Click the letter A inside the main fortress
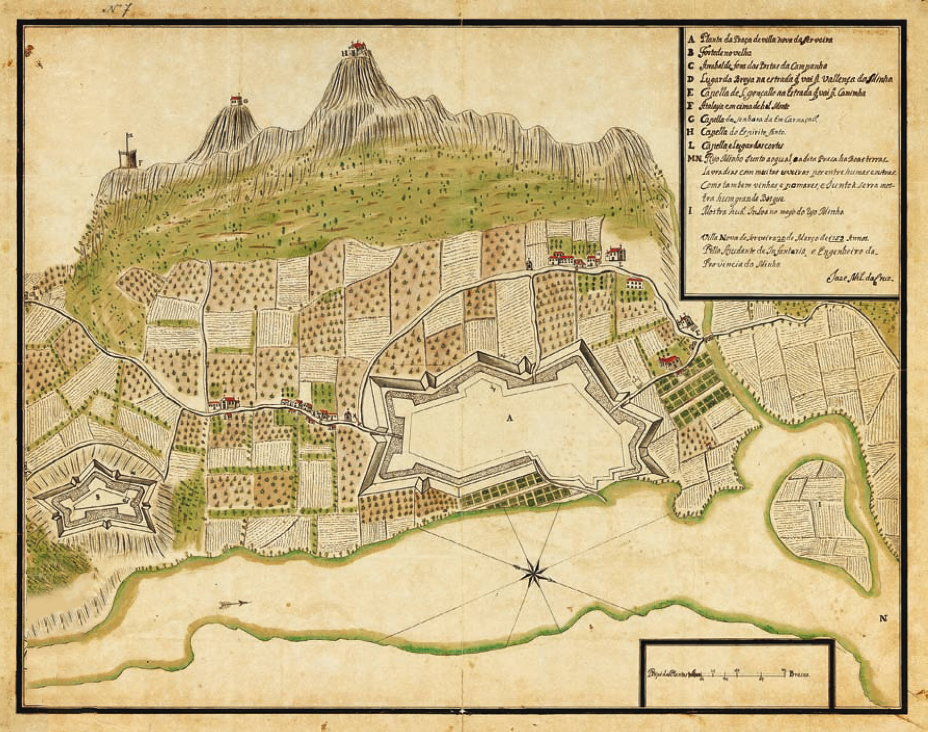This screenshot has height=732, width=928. [510, 418]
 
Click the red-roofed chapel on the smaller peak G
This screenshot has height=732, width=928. [237, 99]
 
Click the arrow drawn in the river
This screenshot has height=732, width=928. [234, 604]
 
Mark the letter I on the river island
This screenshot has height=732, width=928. [819, 502]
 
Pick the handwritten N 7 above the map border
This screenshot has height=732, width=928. [118, 10]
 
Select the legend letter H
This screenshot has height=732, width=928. [691, 132]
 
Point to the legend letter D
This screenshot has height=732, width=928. [691, 78]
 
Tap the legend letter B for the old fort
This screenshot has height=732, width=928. [691, 52]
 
